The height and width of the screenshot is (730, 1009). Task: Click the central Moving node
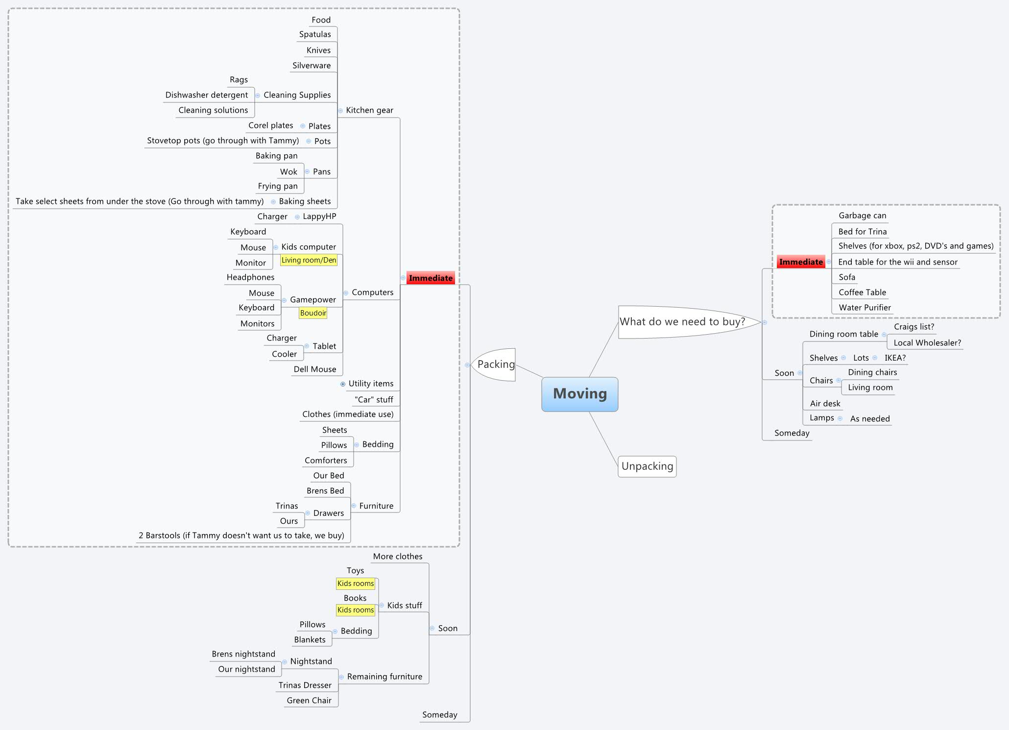[579, 394]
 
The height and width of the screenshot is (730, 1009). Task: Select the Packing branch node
[496, 364]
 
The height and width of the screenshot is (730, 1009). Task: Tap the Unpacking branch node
[647, 466]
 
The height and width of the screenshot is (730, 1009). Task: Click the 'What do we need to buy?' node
[682, 321]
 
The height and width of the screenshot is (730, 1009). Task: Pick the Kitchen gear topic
[369, 110]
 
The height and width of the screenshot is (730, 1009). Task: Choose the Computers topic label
[372, 292]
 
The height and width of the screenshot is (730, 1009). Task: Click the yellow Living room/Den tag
[309, 260]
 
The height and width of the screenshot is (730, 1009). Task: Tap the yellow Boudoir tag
[313, 313]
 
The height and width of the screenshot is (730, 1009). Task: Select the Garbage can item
[862, 216]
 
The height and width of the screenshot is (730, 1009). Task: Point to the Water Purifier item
[865, 308]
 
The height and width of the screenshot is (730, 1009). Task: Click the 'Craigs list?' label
[913, 327]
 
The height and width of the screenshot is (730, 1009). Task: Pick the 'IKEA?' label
[895, 358]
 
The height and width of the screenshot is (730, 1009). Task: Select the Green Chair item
[309, 701]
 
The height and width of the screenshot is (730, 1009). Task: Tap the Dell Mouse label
[315, 369]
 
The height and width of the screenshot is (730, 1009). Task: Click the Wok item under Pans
[288, 171]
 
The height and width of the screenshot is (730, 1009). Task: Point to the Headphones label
[250, 277]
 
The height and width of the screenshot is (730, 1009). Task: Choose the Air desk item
[825, 404]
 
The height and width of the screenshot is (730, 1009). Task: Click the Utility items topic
[371, 384]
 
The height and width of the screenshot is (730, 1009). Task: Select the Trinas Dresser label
[305, 685]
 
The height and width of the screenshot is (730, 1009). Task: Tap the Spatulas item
[315, 34]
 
